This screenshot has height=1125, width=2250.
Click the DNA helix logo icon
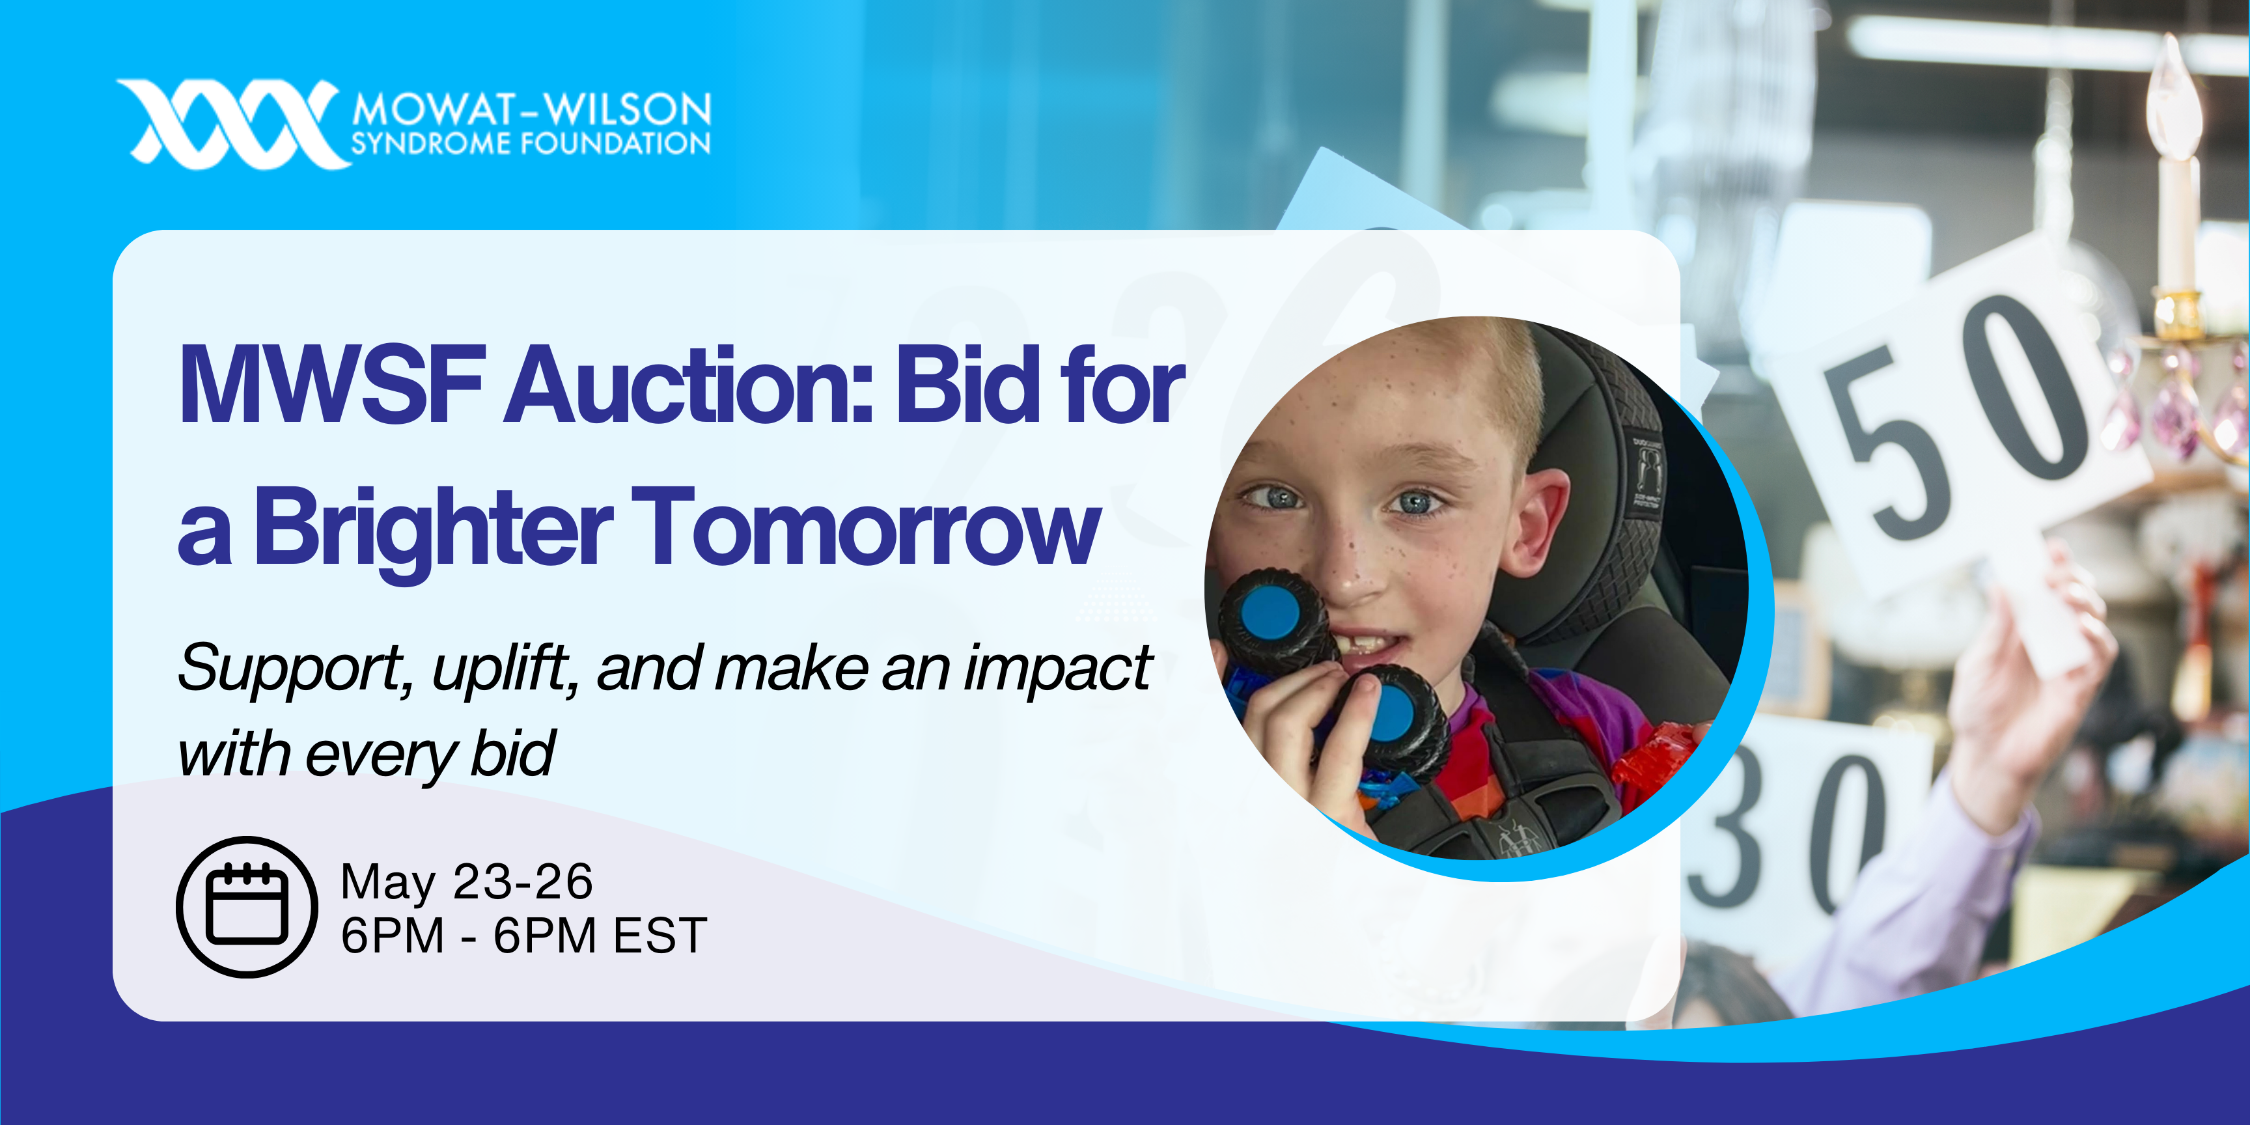tap(232, 124)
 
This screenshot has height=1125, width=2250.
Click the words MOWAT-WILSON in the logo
tap(532, 110)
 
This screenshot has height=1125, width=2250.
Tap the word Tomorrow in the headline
tap(865, 529)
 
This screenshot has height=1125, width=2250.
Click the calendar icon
tap(247, 907)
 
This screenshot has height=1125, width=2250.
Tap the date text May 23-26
tap(466, 882)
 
